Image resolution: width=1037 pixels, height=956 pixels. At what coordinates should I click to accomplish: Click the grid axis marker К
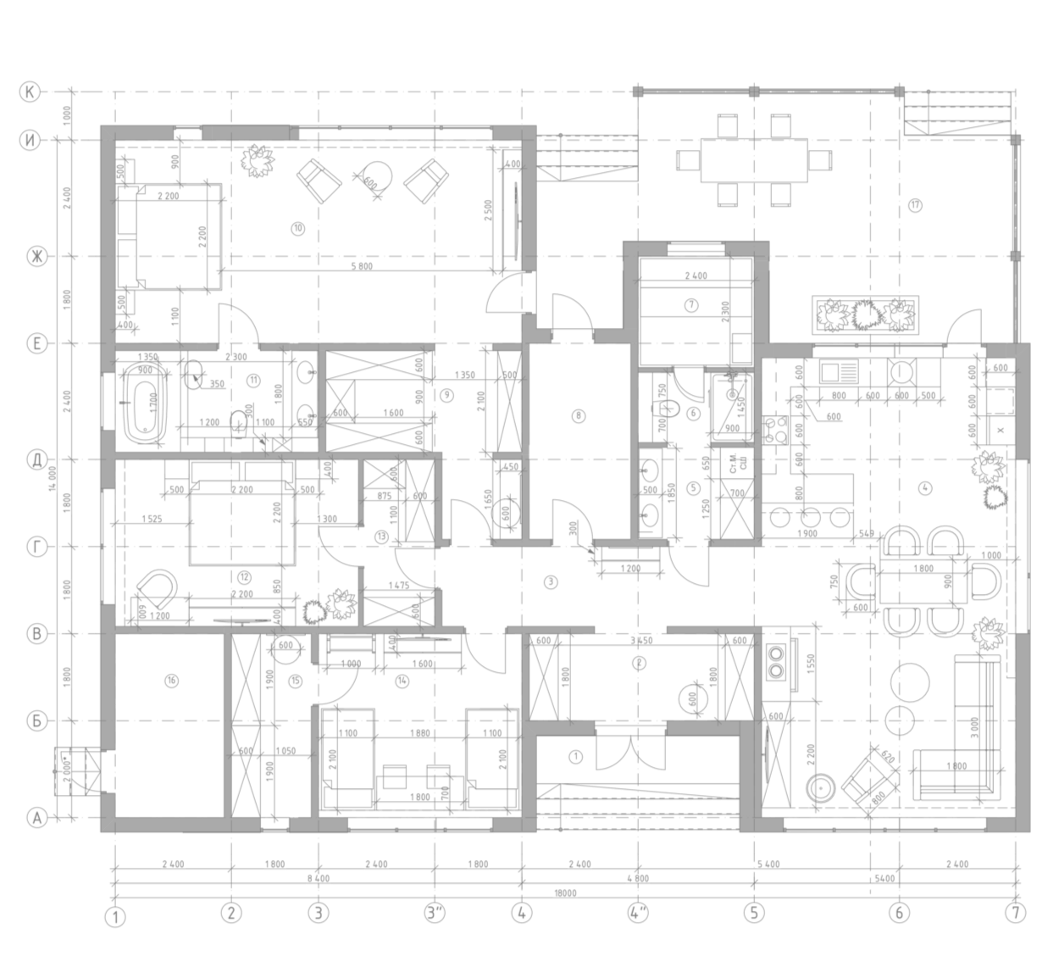(30, 92)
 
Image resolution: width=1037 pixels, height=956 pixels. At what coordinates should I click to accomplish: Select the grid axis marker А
(36, 819)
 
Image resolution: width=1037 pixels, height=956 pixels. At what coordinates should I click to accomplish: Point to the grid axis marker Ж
(35, 257)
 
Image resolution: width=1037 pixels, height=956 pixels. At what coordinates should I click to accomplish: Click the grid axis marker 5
(753, 913)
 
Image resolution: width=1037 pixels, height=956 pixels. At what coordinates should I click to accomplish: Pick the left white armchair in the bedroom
(318, 181)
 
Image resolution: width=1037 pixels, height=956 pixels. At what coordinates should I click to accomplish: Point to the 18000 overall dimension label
(565, 892)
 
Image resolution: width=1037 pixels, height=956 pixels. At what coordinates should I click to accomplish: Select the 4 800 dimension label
(637, 879)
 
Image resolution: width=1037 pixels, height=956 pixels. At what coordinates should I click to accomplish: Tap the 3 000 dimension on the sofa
(975, 729)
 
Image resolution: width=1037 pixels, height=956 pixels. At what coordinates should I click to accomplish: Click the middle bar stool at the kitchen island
(811, 516)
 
